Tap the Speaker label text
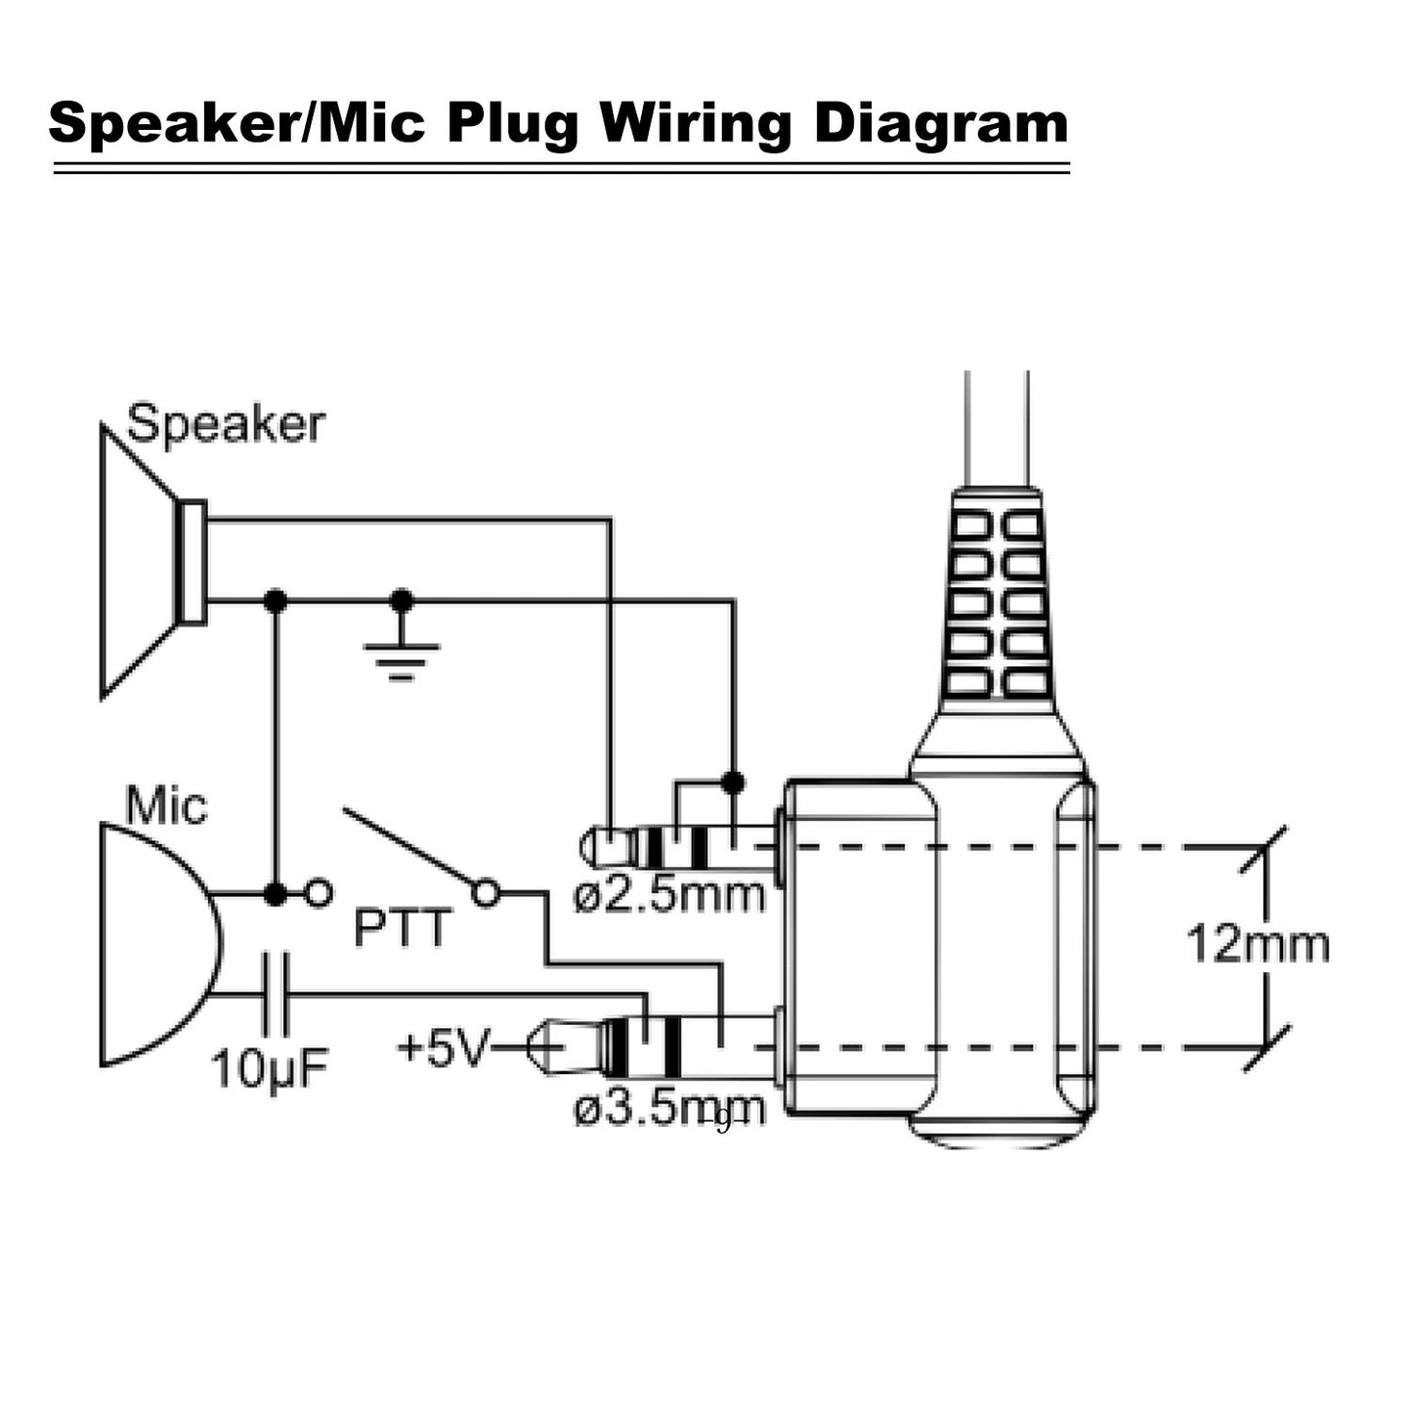pos(226,425)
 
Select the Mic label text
pos(167,807)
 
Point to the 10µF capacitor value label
pos(271,1069)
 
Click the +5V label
pos(442,1049)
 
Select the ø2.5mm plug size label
pos(669,895)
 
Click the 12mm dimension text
pos(1258,945)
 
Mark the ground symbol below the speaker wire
pos(401,661)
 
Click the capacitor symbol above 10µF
pos(277,996)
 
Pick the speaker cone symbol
pos(147,561)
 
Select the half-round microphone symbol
pos(156,944)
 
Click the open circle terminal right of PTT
pos(486,892)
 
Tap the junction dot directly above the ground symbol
pos(401,600)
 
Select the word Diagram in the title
pos(942,125)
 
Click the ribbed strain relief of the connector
pos(997,606)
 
